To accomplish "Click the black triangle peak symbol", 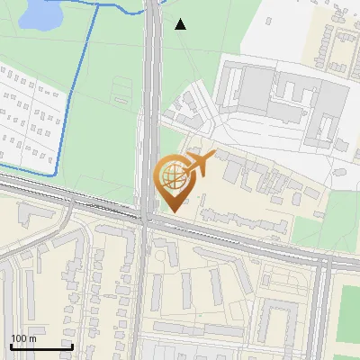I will click(x=181, y=24).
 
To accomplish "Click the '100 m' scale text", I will click(x=23, y=338).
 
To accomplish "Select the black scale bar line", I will click(x=40, y=346).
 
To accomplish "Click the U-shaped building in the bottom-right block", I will click(x=279, y=315).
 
